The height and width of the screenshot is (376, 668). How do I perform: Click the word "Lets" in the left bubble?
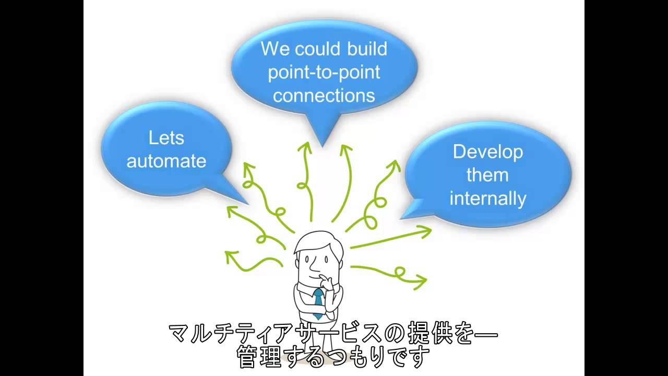[166, 138]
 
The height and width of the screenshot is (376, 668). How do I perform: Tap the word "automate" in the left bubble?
[166, 161]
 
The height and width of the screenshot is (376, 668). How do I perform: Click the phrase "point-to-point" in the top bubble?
[324, 72]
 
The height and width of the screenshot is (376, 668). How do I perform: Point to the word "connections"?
[324, 96]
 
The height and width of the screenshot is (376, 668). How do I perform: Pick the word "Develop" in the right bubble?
[487, 152]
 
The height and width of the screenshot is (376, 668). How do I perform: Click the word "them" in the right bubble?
[487, 175]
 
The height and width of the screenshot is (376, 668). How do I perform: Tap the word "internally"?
[487, 198]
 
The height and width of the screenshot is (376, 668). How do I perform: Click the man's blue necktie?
[318, 303]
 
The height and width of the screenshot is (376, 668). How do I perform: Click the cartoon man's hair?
[313, 242]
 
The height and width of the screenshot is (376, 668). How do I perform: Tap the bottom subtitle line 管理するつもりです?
[333, 357]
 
